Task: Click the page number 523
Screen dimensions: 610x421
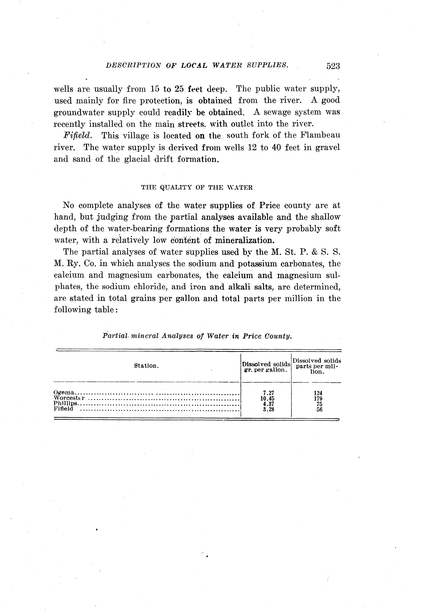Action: pos(333,66)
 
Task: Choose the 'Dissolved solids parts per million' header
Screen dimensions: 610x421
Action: pos(317,366)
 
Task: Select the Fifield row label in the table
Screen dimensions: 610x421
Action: pos(63,409)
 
